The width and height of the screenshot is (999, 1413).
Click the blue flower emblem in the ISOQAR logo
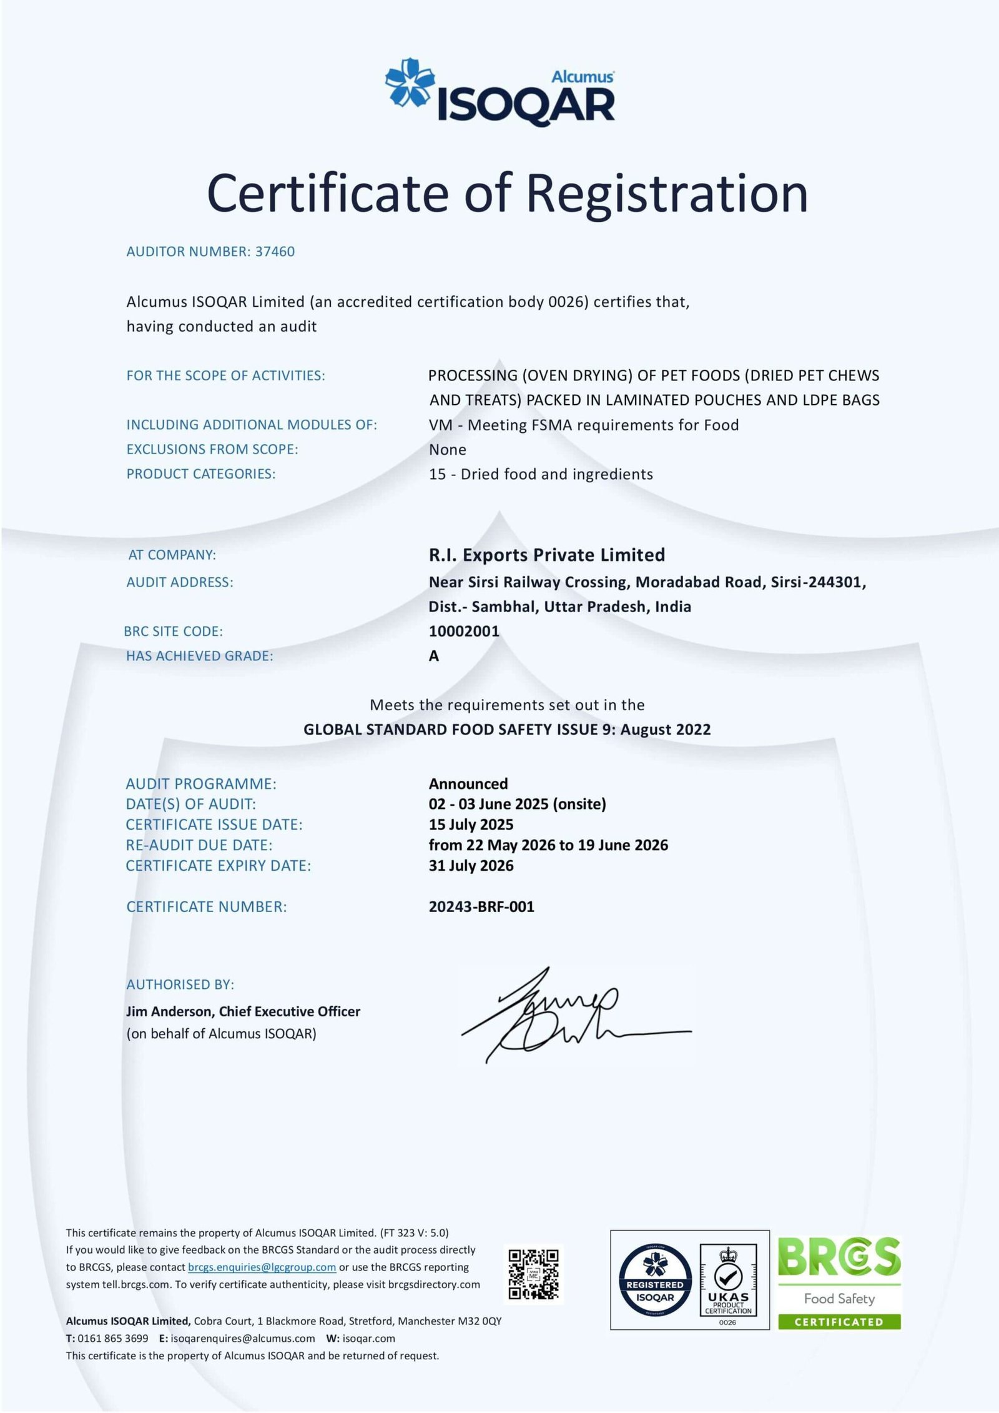click(410, 82)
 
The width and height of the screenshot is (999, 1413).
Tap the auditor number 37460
click(275, 252)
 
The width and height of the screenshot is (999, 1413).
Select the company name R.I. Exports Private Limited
click(546, 555)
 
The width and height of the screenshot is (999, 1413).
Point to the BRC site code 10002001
click(464, 631)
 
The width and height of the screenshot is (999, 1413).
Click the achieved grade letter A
click(434, 656)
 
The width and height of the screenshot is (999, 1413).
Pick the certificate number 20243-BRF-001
click(481, 906)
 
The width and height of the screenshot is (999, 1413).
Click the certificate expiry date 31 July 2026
click(471, 865)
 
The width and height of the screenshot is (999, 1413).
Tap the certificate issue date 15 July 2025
click(471, 825)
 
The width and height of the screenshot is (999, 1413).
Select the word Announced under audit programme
click(468, 783)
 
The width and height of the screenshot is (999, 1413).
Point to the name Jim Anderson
click(169, 1011)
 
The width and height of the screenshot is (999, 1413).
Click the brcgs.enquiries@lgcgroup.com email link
click(262, 1267)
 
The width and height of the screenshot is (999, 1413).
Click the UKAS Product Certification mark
click(728, 1281)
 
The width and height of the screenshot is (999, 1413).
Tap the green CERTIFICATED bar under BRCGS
click(839, 1322)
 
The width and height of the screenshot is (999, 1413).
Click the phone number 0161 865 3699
click(112, 1338)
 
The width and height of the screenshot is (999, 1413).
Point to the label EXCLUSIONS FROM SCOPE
click(212, 449)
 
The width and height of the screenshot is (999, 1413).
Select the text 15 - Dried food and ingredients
click(541, 474)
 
